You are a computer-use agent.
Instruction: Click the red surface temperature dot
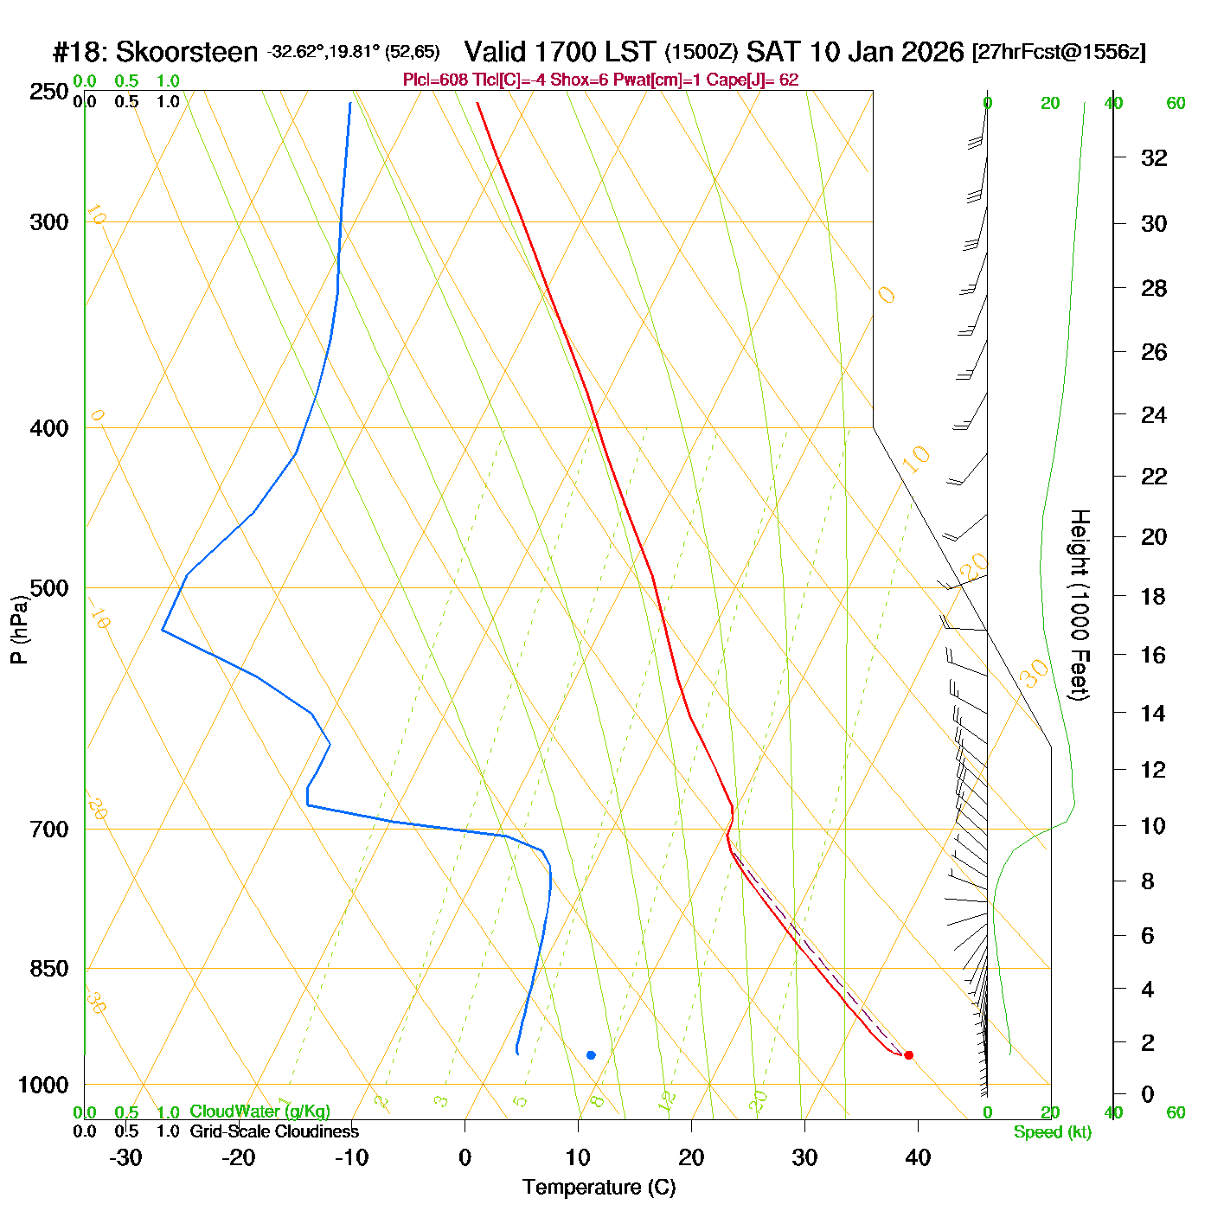tap(908, 1055)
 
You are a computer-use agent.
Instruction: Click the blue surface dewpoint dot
tap(591, 1055)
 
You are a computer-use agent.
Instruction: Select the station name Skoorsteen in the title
tap(186, 53)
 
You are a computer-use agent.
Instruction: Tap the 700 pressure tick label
tap(48, 830)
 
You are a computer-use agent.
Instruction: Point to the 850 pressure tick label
tap(48, 969)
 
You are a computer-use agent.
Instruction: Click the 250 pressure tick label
tap(48, 92)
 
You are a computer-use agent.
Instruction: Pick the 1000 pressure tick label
tap(43, 1085)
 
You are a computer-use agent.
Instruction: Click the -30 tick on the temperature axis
tap(125, 1157)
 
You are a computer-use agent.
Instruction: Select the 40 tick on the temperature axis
tap(918, 1157)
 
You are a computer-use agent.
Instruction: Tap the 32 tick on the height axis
tap(1154, 158)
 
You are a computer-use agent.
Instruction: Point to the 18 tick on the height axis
tap(1154, 596)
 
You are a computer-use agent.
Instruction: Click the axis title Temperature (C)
tap(599, 1188)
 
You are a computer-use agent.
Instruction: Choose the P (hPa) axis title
tap(18, 630)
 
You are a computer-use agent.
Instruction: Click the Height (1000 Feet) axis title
tap(1080, 605)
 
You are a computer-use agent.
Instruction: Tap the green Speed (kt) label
tap(1053, 1132)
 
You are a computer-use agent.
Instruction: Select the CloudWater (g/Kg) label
tap(259, 1112)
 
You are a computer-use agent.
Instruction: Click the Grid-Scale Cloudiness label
tap(274, 1131)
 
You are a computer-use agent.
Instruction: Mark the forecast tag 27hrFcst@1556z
tap(1059, 53)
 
